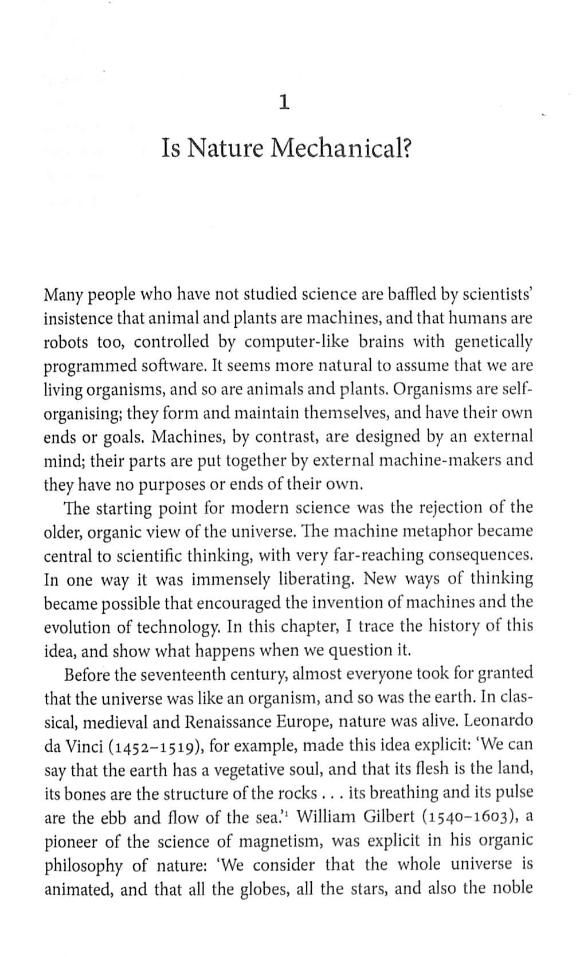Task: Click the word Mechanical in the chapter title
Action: pos(342,150)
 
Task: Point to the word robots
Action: pos(66,343)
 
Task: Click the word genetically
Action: pos(493,343)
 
